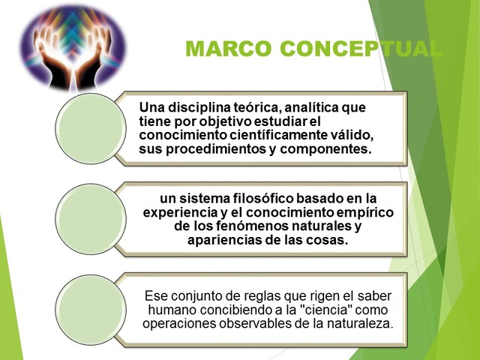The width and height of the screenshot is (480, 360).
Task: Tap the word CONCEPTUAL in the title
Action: tap(361, 49)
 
